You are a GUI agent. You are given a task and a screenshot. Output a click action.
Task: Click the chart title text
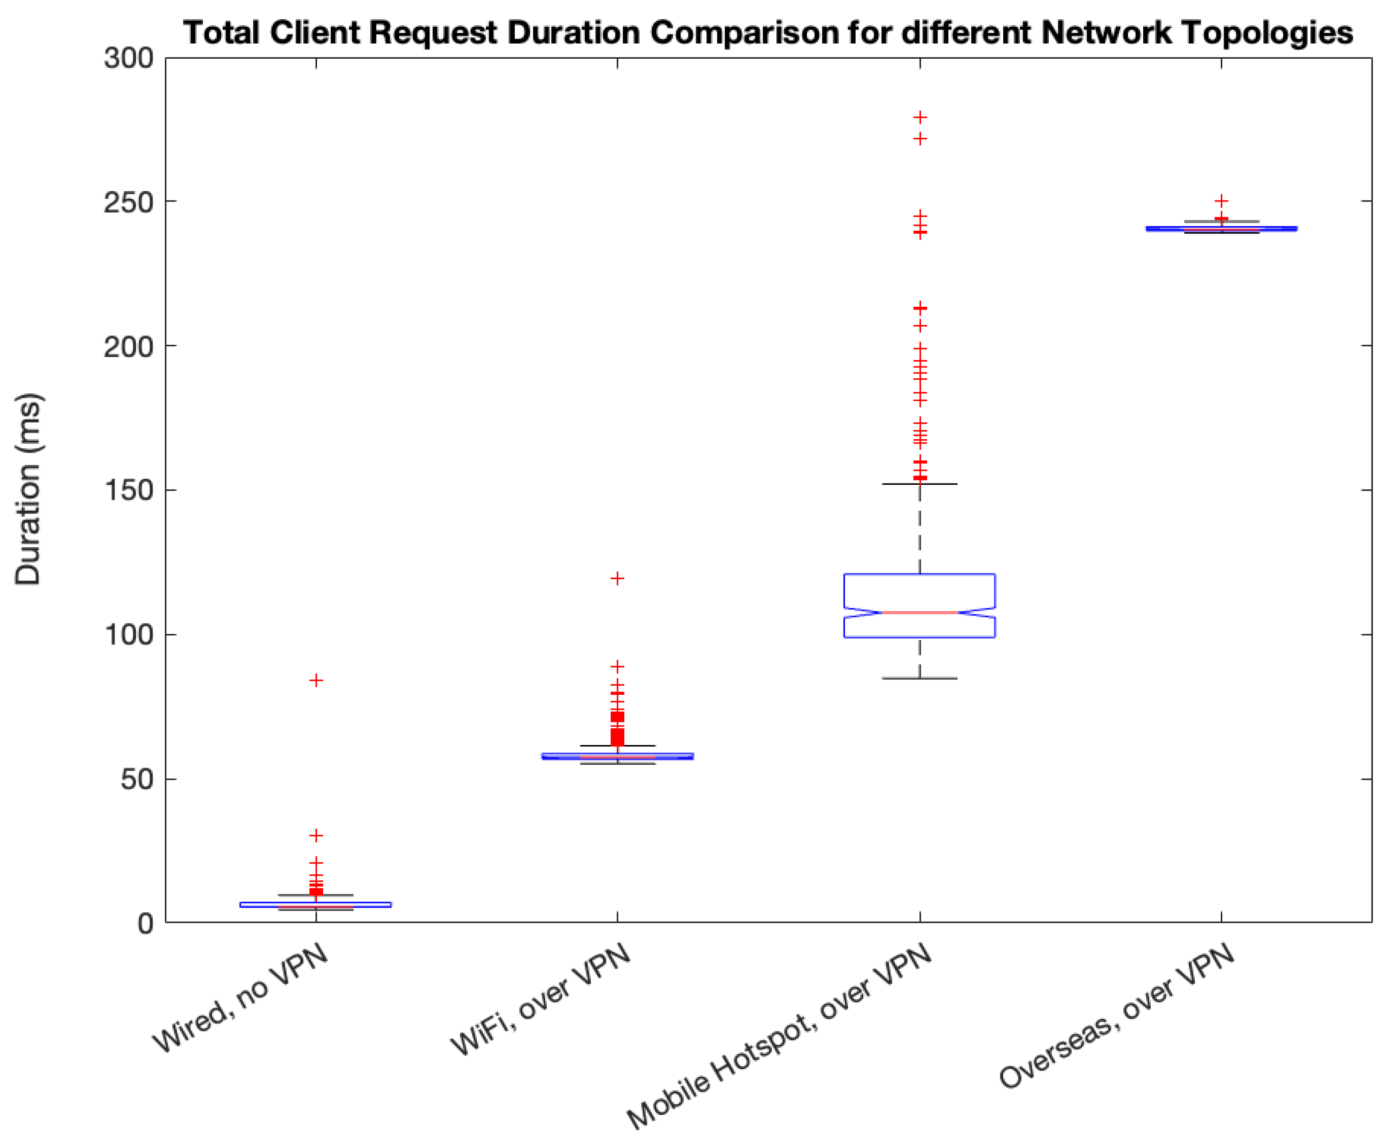(767, 33)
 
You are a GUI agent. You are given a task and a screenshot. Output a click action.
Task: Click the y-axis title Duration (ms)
(28, 489)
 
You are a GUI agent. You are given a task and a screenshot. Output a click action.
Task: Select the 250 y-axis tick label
(128, 202)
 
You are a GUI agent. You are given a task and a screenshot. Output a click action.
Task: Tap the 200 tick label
(128, 346)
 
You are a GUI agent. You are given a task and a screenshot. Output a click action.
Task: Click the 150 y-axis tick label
(128, 490)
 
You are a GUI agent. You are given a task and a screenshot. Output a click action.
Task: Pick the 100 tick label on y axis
(128, 635)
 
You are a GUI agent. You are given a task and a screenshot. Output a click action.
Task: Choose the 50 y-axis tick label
(137, 779)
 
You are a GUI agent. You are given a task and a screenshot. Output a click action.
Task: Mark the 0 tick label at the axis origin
(146, 924)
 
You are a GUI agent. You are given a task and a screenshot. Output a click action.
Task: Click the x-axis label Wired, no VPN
(240, 997)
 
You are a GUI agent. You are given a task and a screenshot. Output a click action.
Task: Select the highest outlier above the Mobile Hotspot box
(920, 117)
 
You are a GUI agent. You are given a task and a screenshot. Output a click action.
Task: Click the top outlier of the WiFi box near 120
(617, 579)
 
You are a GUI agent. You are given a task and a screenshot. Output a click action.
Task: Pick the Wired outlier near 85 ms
(316, 680)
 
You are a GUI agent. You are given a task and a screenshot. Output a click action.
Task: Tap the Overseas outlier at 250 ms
(1221, 201)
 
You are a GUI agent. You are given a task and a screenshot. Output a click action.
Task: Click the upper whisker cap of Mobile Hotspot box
(919, 484)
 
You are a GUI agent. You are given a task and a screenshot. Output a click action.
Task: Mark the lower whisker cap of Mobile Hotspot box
(919, 678)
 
